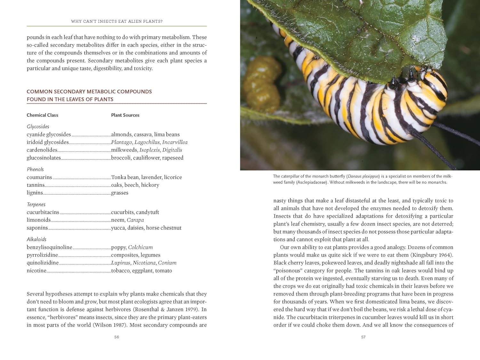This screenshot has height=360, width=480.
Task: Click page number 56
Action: pos(116,337)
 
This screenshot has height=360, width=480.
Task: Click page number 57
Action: pos(363,337)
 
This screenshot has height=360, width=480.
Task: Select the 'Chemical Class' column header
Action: pos(42,115)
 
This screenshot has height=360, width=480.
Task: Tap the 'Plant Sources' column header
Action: pos(125,115)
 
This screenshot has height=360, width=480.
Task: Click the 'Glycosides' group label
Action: pos(38,126)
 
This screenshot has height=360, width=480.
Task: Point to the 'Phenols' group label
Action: pos(35,169)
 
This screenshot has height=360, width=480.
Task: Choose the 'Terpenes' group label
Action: pos(36,204)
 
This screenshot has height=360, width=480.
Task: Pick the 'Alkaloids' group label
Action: pos(36,239)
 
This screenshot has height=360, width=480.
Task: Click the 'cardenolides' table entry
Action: pos(42,150)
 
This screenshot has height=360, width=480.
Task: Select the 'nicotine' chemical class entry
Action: pos(36,271)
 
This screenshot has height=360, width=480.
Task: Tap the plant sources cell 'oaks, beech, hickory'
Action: pos(135,185)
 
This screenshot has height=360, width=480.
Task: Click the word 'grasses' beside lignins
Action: pos(120,193)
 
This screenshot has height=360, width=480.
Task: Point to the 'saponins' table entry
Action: pos(37,228)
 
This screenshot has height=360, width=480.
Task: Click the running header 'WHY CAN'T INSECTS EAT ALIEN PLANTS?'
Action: pos(116,21)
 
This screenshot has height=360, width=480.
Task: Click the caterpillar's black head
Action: pos(395,84)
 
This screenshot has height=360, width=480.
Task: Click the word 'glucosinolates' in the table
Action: pos(44,158)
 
